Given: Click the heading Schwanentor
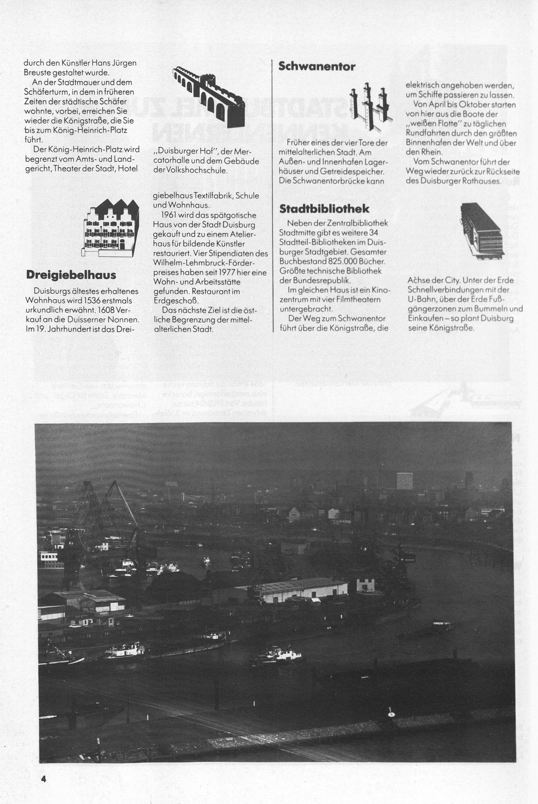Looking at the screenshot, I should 317,66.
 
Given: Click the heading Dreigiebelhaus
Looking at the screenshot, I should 71,275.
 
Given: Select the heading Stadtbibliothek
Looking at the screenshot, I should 324,209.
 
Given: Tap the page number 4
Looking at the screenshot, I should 44,779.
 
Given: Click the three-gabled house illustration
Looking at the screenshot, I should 111,228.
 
